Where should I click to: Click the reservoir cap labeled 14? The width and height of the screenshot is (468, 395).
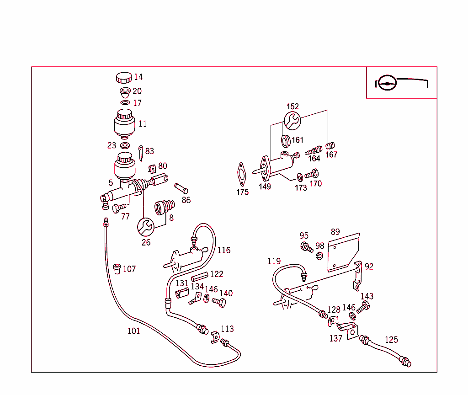click(123, 77)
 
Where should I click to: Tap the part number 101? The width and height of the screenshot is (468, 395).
click(133, 331)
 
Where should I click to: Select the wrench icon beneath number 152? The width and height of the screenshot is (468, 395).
click(292, 121)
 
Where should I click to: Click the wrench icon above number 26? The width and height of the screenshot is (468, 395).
click(146, 226)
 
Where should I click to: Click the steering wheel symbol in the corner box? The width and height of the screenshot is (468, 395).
click(387, 84)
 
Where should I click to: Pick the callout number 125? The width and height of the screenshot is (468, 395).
click(391, 340)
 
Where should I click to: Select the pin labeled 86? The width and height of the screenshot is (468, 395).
click(181, 188)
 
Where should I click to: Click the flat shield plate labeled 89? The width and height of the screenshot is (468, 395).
click(344, 252)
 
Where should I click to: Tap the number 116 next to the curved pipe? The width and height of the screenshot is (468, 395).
click(224, 250)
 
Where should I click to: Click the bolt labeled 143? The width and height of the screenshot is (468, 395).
click(362, 309)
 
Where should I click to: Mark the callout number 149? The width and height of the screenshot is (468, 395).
click(265, 187)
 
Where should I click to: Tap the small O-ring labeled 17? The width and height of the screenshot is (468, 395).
click(125, 103)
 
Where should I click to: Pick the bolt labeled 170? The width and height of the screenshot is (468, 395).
click(313, 174)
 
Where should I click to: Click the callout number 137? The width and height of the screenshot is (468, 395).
click(335, 339)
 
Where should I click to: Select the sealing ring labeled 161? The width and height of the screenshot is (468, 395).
click(286, 140)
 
